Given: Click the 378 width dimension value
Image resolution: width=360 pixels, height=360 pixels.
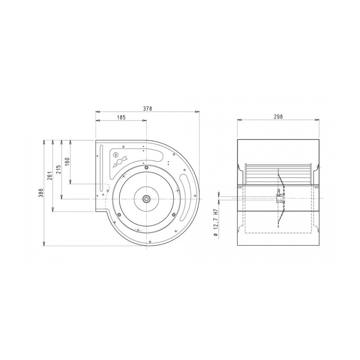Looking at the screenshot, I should tap(148, 108).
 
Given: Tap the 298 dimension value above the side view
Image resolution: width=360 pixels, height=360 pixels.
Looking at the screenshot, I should tap(278, 117).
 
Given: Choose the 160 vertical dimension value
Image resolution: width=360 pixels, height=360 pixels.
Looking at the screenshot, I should tap(67, 161).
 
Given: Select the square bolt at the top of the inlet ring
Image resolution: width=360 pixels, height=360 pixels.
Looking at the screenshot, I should tap(147, 168).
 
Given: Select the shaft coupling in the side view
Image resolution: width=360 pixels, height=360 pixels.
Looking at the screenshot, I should tap(279, 196).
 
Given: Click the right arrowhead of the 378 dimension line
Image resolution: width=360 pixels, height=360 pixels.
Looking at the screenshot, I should tap(198, 112).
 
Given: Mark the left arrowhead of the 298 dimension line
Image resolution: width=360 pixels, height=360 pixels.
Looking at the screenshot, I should tap(238, 120).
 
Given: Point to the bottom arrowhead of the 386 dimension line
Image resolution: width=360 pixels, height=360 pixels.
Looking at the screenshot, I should tap(44, 244).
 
